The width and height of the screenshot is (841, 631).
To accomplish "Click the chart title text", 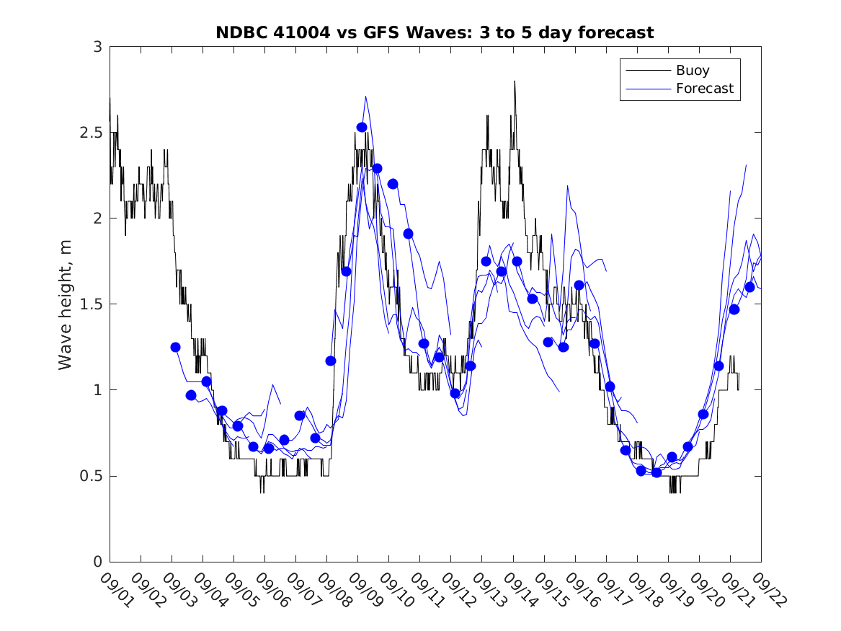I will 435,32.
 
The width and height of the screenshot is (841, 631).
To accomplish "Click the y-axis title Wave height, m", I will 66,304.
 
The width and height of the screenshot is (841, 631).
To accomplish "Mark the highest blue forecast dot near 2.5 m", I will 362,127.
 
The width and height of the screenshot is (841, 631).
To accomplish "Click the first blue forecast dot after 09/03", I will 175,347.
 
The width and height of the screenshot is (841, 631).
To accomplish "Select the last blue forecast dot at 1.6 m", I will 749,287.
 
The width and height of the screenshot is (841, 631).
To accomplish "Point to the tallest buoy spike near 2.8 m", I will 515,81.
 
